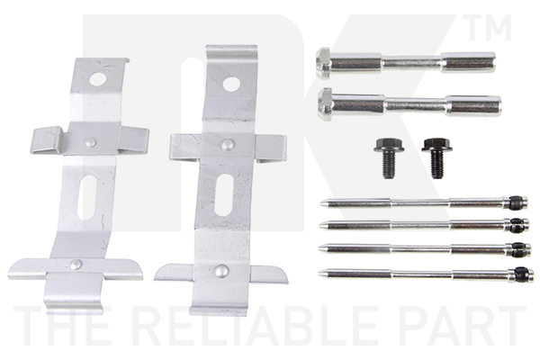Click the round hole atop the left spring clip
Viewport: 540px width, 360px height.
point(98,79)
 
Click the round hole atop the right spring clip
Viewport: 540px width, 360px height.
point(230,84)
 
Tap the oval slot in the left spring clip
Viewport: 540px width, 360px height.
point(86,197)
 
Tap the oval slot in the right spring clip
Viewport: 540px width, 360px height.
point(224,195)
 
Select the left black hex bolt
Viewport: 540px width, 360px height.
point(389,157)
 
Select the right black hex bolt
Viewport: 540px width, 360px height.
point(436,158)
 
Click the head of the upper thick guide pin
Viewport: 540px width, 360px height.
point(323,64)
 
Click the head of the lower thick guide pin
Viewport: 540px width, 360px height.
point(325,104)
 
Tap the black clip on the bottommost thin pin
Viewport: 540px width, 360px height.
point(521,274)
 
